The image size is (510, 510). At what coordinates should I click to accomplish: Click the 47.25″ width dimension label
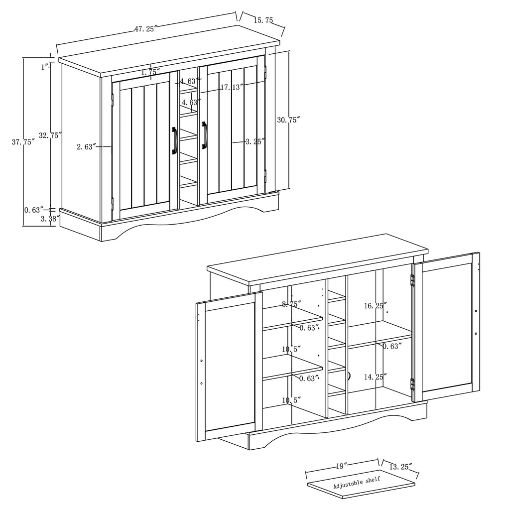[145, 29]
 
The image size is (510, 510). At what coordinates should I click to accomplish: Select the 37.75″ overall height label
[23, 142]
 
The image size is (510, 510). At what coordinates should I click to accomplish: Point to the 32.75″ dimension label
[50, 135]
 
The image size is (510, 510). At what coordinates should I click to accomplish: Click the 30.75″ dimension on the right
[289, 120]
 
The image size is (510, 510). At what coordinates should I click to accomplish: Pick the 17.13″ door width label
[232, 87]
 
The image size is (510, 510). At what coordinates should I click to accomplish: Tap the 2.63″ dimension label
[86, 146]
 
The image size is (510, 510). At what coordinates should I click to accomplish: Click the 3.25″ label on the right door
[255, 141]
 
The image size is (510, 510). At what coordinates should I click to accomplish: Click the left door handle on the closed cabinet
[174, 140]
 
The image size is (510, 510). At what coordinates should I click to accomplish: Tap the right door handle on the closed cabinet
[204, 135]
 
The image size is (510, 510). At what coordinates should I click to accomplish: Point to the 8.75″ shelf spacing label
[292, 304]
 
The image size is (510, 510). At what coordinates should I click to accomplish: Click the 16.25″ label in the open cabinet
[375, 306]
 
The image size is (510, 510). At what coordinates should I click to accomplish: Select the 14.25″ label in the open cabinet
[375, 377]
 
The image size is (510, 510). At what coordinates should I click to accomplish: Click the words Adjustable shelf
[357, 483]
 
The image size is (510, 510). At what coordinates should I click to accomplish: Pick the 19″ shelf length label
[341, 466]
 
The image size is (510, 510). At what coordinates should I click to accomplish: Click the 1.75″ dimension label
[149, 72]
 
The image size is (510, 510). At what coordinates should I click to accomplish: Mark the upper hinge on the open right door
[412, 280]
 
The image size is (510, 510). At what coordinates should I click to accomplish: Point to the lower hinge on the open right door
[412, 384]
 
